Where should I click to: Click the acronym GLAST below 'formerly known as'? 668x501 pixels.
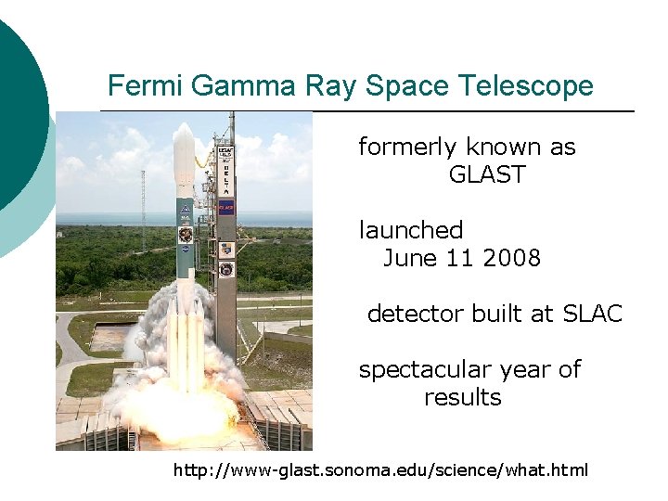486,174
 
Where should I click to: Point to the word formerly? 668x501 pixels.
408,148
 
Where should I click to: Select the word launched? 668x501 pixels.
410,230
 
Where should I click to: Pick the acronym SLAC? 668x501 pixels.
592,314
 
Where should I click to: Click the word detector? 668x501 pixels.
415,314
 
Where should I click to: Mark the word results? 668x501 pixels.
462,397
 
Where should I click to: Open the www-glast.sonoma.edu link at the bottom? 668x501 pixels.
380,470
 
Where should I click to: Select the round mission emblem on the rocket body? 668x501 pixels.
186,234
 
